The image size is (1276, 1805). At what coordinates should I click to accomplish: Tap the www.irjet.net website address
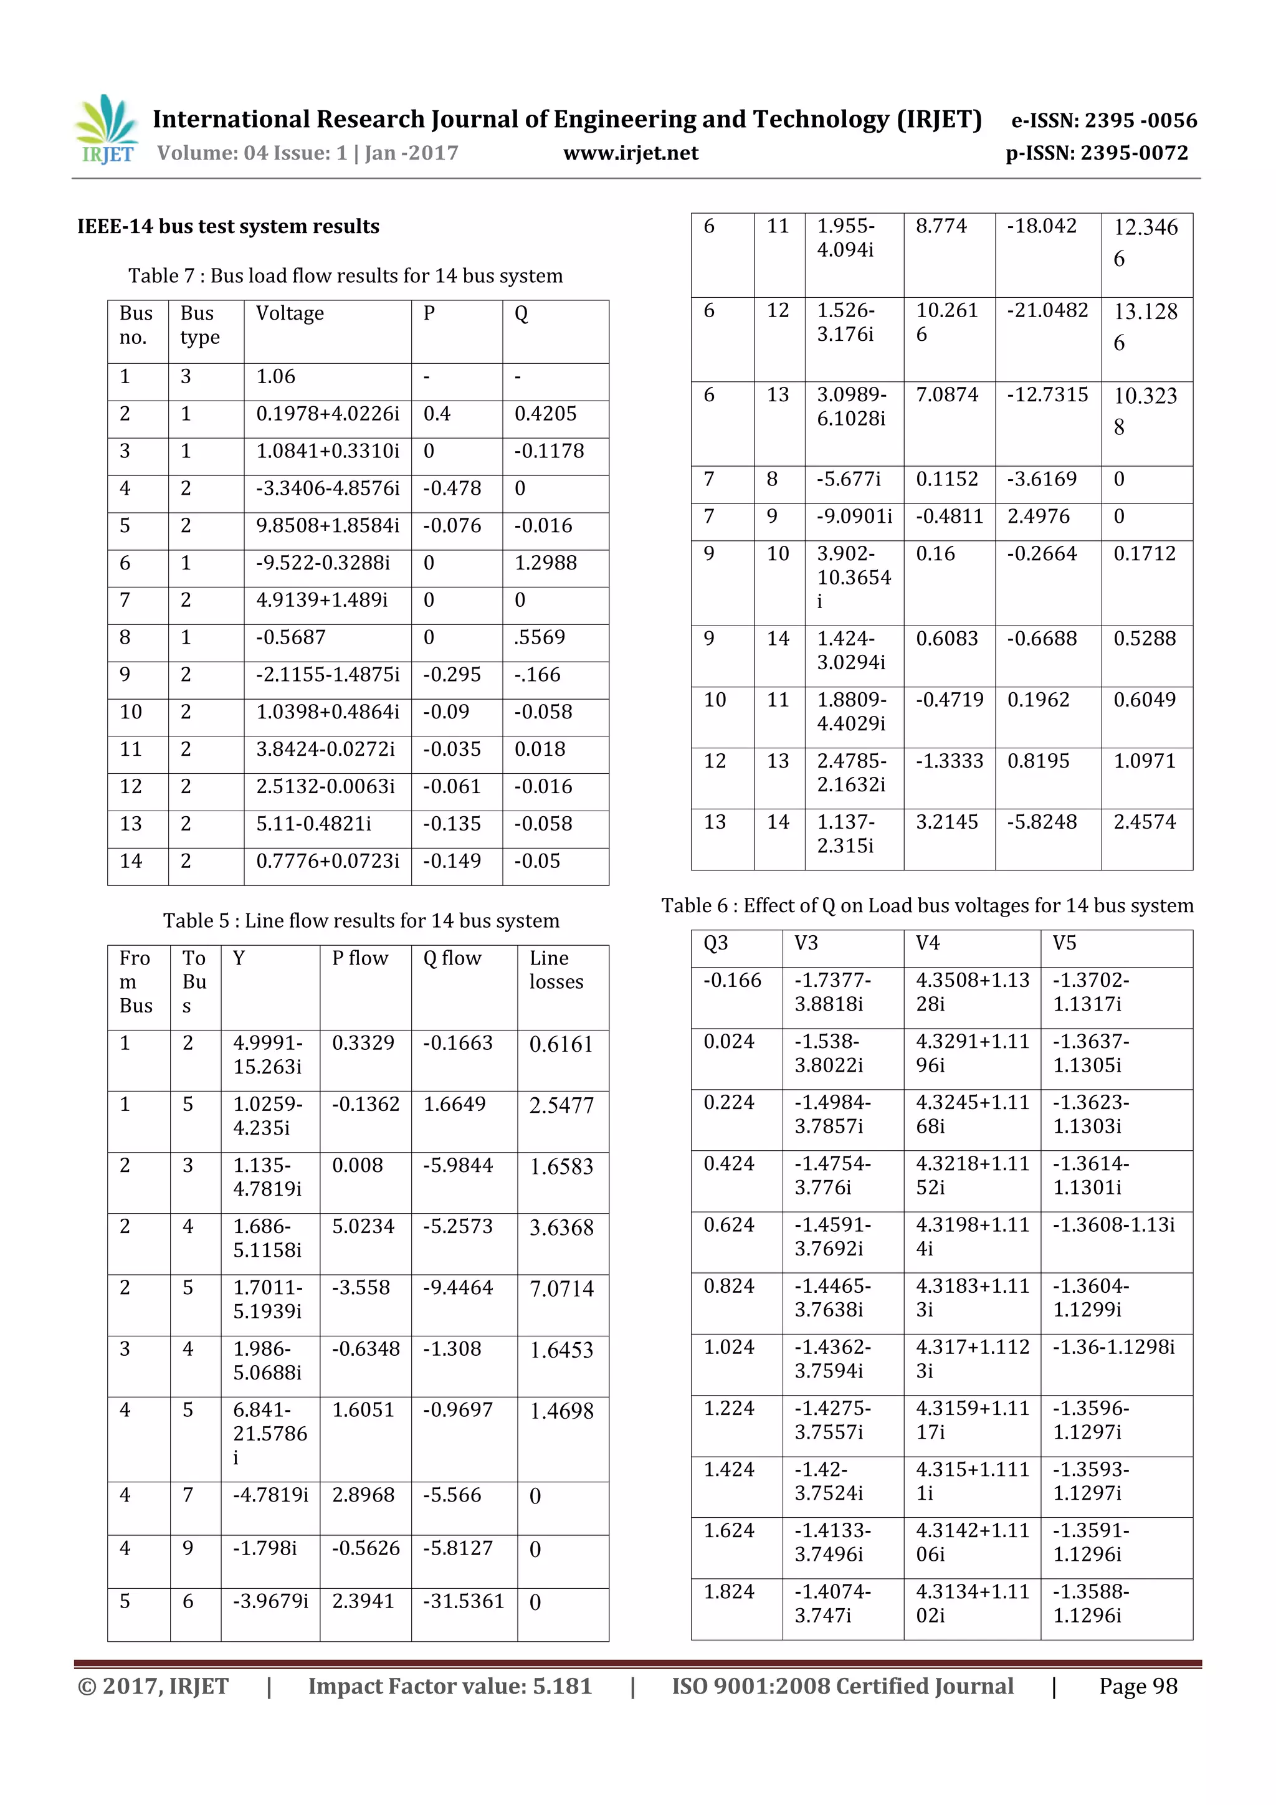click(631, 153)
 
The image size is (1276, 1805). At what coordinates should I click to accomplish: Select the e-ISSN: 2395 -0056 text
click(1103, 120)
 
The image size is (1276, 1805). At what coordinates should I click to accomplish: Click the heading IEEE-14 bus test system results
click(228, 226)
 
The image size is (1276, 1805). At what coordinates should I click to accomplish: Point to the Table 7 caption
click(345, 276)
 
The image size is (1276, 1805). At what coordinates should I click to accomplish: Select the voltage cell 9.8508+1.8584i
click(327, 526)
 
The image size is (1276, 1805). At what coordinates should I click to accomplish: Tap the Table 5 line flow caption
click(361, 921)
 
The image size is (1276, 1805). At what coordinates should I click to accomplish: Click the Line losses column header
click(556, 970)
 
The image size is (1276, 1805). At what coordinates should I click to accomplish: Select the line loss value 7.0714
click(561, 1289)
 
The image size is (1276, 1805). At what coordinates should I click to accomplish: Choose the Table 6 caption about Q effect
click(927, 906)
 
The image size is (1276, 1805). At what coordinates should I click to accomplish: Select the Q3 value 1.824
click(728, 1592)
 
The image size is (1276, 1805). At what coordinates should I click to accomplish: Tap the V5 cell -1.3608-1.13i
click(1113, 1225)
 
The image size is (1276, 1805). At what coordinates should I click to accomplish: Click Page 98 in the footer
click(1138, 1686)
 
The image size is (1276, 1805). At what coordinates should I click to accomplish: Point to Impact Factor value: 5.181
click(450, 1686)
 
